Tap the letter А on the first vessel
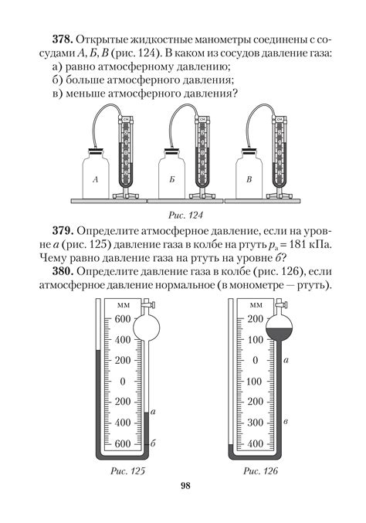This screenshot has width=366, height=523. coord(94,179)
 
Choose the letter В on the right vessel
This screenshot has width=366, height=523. coord(249,179)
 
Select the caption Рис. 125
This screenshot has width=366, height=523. coord(124,470)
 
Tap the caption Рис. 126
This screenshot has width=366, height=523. coord(260,470)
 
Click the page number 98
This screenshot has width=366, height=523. coord(184,486)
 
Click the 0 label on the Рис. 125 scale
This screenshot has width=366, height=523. coord(123,382)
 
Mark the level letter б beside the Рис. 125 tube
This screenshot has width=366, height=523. coord(154,443)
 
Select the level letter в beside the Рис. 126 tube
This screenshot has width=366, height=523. coord(287,421)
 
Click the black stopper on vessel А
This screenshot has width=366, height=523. coord(96,151)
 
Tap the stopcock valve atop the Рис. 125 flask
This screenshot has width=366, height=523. coord(145,308)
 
